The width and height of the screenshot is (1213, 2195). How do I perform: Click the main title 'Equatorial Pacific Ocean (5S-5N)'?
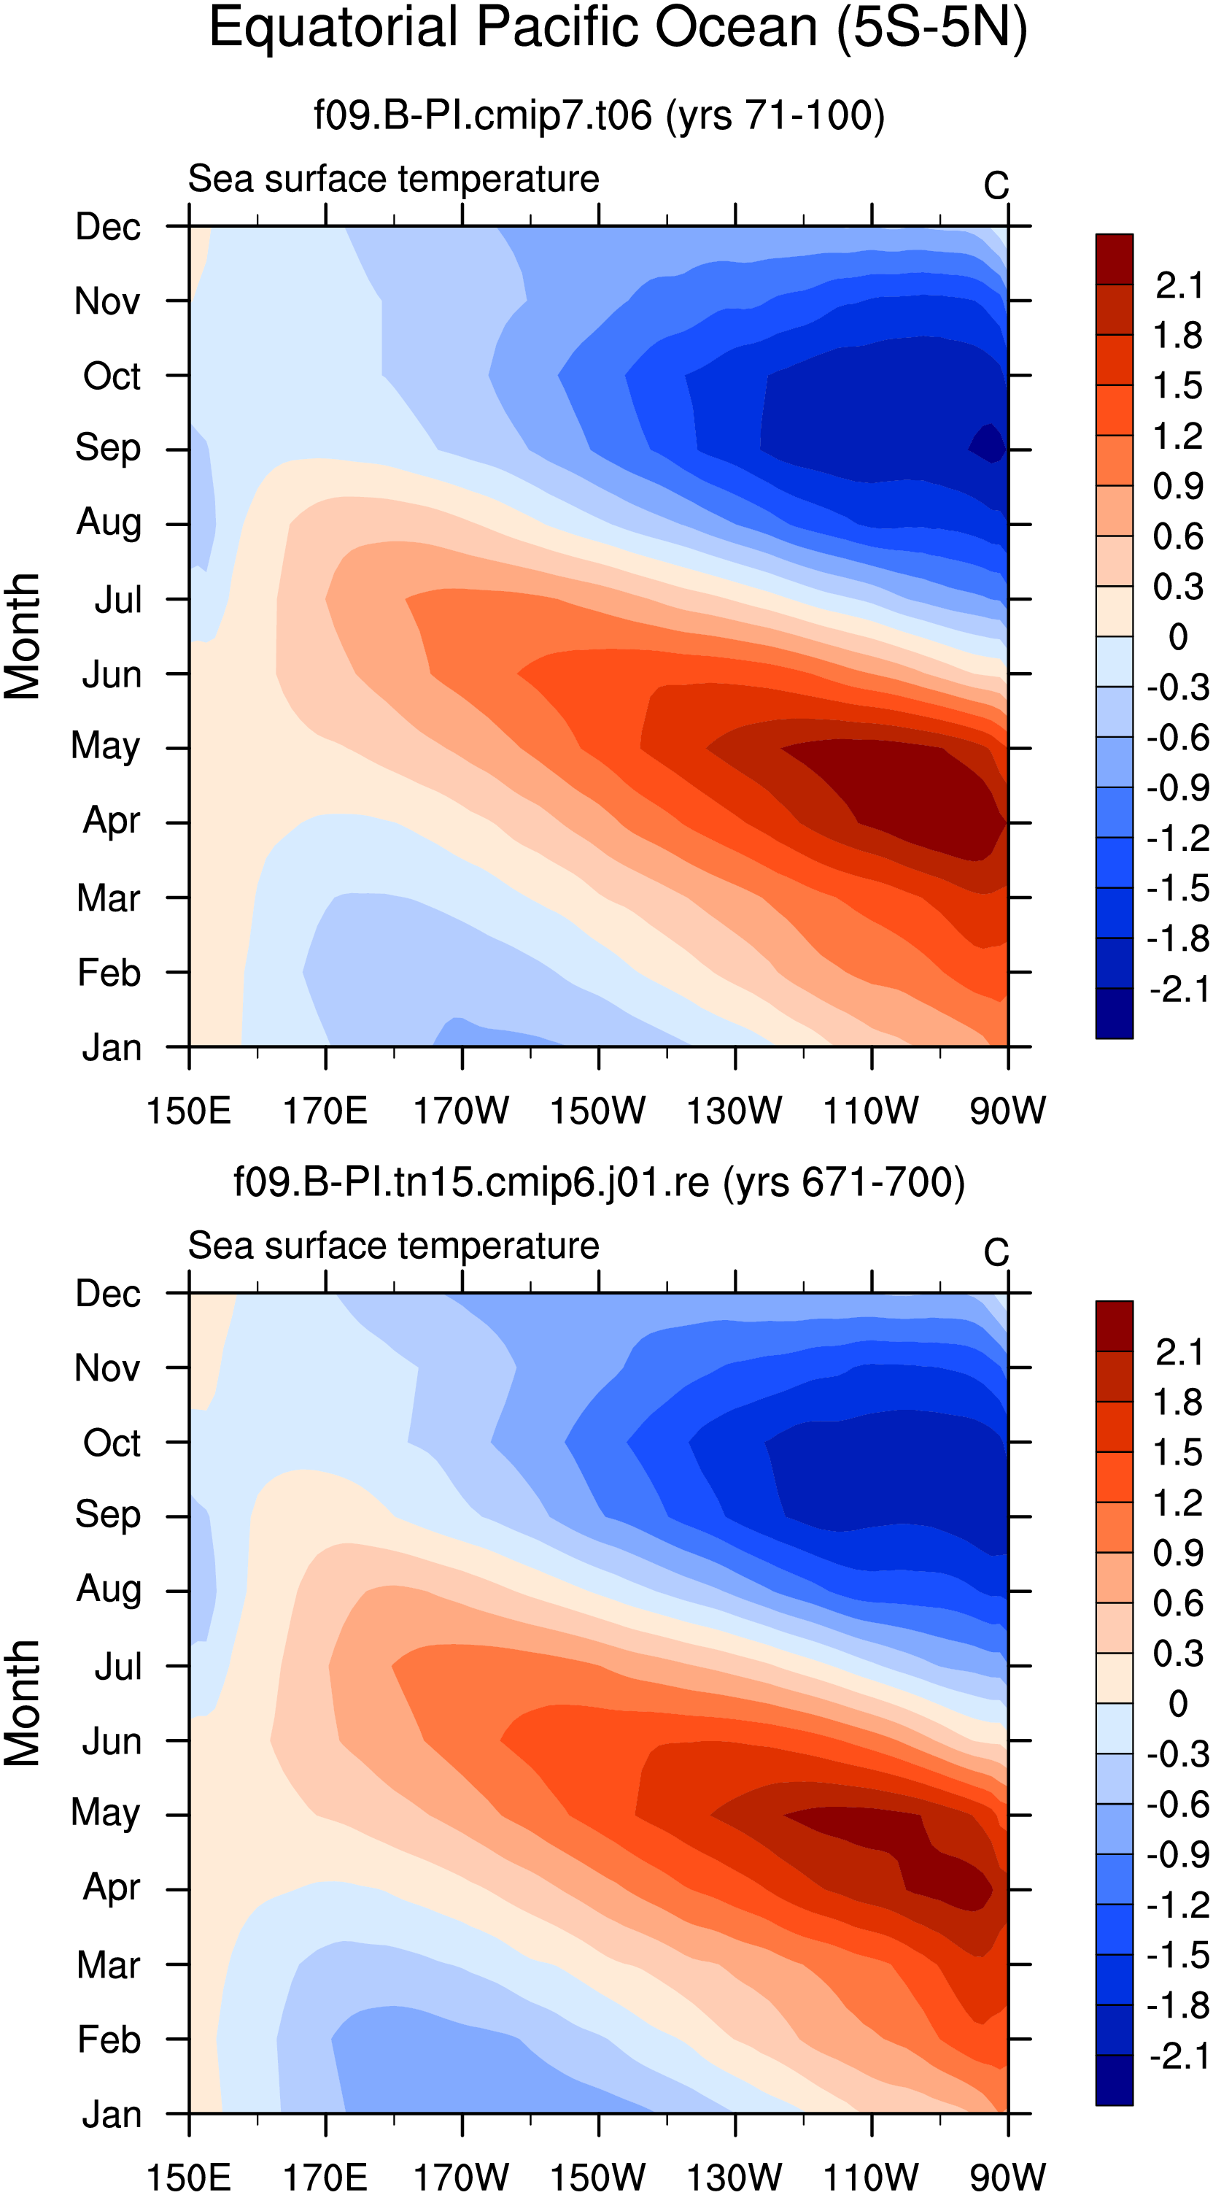tap(619, 29)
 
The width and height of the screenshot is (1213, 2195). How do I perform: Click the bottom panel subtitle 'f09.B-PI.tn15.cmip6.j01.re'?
tap(471, 1182)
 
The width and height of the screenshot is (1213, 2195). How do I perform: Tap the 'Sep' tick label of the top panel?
tap(107, 449)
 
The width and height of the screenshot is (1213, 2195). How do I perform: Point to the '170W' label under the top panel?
tap(461, 1111)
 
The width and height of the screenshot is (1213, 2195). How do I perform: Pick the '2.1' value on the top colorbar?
tap(1179, 286)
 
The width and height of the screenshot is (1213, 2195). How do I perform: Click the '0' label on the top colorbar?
tap(1178, 637)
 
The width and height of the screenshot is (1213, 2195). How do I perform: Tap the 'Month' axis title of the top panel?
tap(22, 636)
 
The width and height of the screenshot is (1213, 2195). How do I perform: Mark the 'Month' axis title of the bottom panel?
tap(22, 1703)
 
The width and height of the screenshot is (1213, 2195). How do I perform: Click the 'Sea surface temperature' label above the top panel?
tap(394, 180)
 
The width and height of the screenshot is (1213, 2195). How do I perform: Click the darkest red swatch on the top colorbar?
tap(1115, 259)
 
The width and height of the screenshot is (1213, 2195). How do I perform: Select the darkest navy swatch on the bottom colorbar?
tap(1115, 2081)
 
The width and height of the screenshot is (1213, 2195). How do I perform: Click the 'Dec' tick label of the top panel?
tap(108, 228)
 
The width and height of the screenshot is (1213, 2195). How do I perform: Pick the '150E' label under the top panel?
tap(188, 1111)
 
